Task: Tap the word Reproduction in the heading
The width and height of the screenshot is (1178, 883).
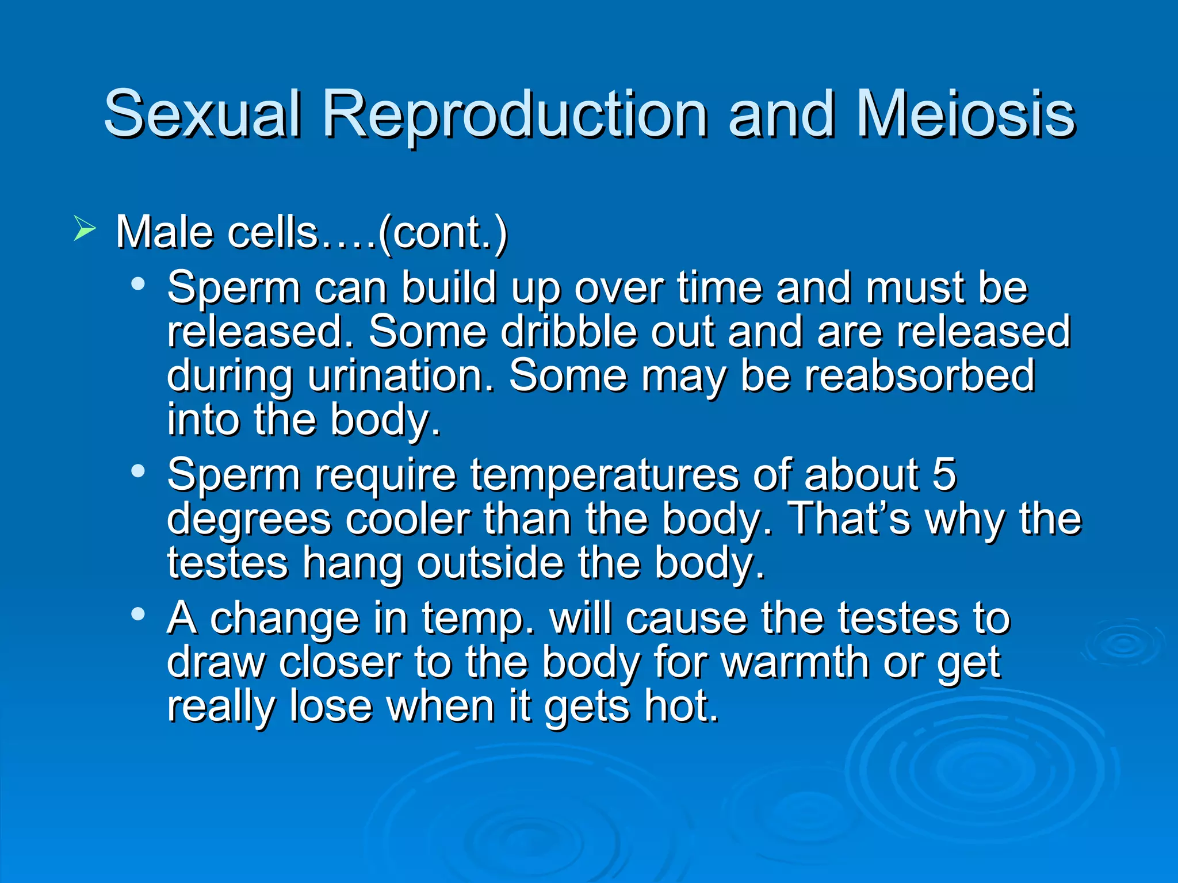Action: click(x=515, y=115)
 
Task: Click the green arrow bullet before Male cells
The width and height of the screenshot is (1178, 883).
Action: click(x=85, y=229)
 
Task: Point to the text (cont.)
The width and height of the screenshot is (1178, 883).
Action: click(x=442, y=232)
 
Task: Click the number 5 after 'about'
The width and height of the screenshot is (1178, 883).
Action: click(x=944, y=474)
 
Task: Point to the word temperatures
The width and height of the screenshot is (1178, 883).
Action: click(x=605, y=476)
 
